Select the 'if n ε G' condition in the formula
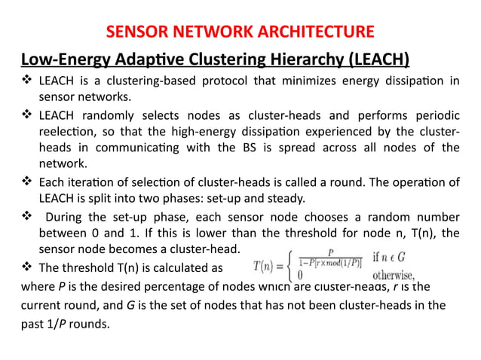coord(409,256)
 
